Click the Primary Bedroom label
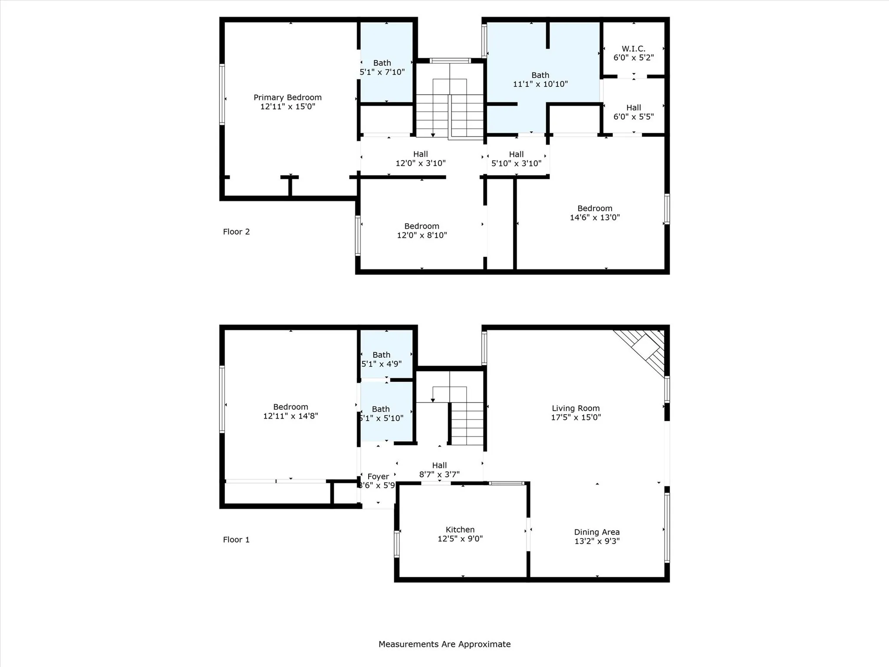(x=287, y=97)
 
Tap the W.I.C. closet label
(x=633, y=49)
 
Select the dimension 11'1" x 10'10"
(x=540, y=84)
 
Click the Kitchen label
(x=460, y=529)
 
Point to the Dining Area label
(x=596, y=532)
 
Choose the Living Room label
(x=576, y=408)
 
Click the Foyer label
(x=378, y=476)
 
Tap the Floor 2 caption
(x=236, y=232)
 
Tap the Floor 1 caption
(x=236, y=540)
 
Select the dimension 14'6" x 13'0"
(x=595, y=218)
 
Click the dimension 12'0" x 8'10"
(x=421, y=235)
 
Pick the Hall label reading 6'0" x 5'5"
(x=633, y=108)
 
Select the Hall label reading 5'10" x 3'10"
(x=516, y=154)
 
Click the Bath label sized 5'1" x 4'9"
(x=381, y=355)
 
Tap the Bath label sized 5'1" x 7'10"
(x=382, y=63)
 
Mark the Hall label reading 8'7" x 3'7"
(x=439, y=466)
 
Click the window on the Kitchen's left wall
(x=396, y=544)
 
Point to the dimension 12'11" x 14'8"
(x=290, y=416)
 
